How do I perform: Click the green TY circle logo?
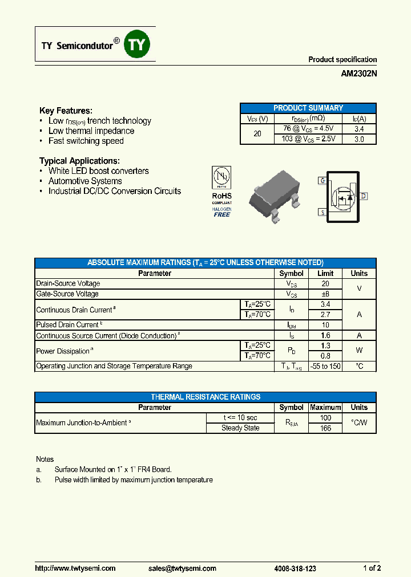pyautogui.click(x=137, y=45)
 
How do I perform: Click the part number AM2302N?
pyautogui.click(x=358, y=74)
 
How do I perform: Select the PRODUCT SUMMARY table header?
pyautogui.click(x=308, y=108)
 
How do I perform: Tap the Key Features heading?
pyautogui.click(x=66, y=111)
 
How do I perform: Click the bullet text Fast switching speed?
pyautogui.click(x=86, y=141)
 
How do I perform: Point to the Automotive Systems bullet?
pyautogui.click(x=85, y=181)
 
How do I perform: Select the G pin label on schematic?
pyautogui.click(x=323, y=181)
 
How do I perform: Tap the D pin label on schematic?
pyautogui.click(x=363, y=196)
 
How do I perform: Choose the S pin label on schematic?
pyautogui.click(x=323, y=212)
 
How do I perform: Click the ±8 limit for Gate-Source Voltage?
pyautogui.click(x=325, y=294)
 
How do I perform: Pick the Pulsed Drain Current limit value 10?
pyautogui.click(x=325, y=325)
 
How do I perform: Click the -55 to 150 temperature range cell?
pyautogui.click(x=325, y=366)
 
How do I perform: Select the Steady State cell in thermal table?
pyautogui.click(x=240, y=428)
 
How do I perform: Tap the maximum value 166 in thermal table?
pyautogui.click(x=325, y=428)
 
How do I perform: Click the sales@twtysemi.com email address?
pyautogui.click(x=182, y=568)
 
